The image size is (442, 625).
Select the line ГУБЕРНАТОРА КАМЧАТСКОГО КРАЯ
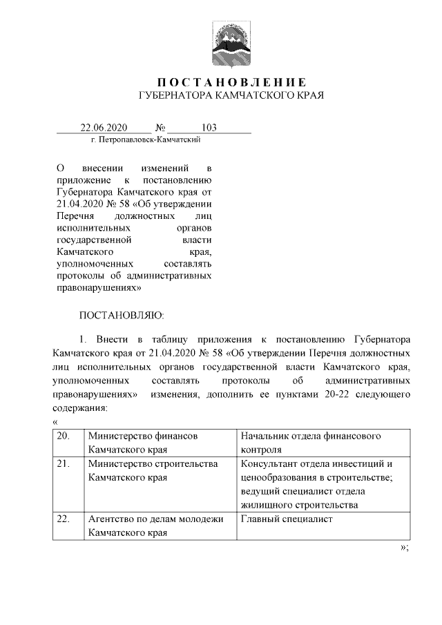coord(231,95)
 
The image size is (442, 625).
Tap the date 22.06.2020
coord(104,128)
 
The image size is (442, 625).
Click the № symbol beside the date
coord(160,128)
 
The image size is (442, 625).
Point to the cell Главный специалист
coord(286,519)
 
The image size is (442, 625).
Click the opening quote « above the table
coord(55,421)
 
